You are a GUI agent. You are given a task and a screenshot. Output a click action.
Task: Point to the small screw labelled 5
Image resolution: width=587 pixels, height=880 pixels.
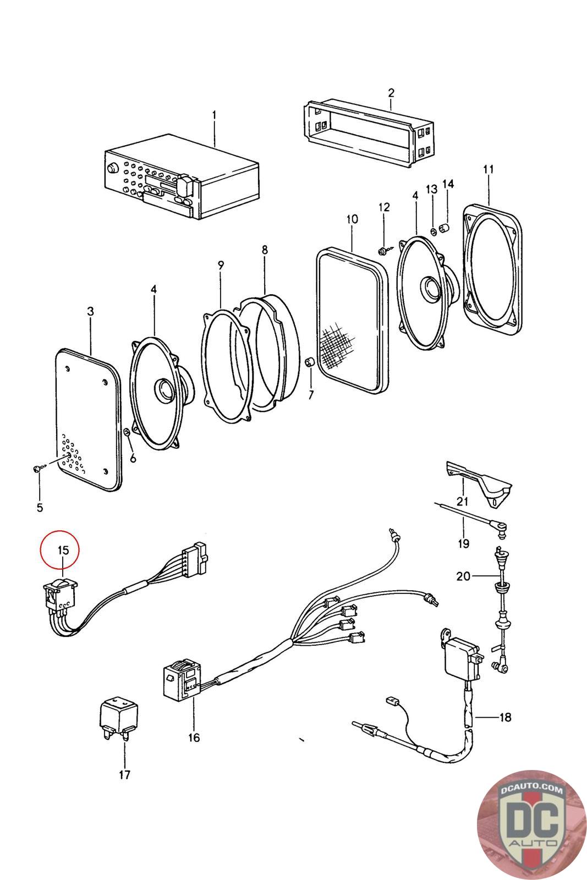pyautogui.click(x=36, y=468)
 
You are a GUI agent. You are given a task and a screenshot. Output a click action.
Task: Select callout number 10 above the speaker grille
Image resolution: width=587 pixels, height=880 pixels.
pyautogui.click(x=352, y=219)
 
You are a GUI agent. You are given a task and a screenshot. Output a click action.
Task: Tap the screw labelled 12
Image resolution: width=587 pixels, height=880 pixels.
pyautogui.click(x=382, y=251)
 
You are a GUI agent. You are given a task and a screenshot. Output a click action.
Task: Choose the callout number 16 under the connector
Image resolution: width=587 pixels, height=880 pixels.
pyautogui.click(x=194, y=738)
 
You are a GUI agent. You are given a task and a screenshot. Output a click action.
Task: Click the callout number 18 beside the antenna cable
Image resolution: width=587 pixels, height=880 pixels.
pyautogui.click(x=504, y=717)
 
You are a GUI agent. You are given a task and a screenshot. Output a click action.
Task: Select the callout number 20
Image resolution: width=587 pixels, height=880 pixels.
pyautogui.click(x=464, y=576)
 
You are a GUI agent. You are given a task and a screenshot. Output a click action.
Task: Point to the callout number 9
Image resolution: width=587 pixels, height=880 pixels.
pyautogui.click(x=221, y=265)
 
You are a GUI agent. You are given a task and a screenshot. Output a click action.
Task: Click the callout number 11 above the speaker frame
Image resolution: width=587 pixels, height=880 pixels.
pyautogui.click(x=489, y=169)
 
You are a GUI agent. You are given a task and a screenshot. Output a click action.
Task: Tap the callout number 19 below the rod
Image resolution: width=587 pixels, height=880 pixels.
pyautogui.click(x=463, y=543)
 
